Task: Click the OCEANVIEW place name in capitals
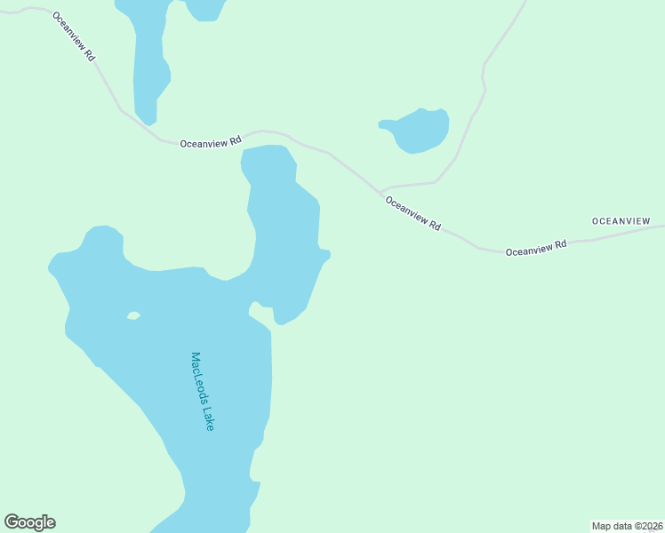point(621,220)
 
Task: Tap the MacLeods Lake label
point(202,392)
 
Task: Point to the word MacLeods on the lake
point(198,379)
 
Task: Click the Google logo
point(29,522)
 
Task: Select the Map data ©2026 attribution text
point(627,526)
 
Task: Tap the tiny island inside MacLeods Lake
point(133,315)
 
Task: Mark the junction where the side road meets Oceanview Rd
point(381,192)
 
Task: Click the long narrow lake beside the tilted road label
point(148,62)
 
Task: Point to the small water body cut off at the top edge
point(205,8)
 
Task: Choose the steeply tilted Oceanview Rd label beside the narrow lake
point(74,36)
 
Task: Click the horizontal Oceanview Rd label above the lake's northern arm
point(211,141)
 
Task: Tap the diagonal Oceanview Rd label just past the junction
point(413,213)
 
